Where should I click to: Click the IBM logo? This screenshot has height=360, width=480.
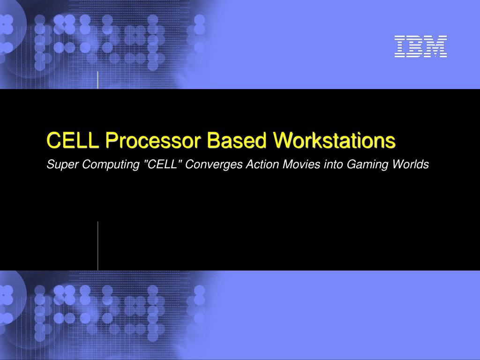tap(420, 46)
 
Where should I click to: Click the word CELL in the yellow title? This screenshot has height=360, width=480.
tap(73, 140)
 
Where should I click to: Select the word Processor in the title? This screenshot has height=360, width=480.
tap(153, 141)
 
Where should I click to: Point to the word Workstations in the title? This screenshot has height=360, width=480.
tap(334, 140)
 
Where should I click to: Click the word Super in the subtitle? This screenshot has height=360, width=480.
tap(62, 165)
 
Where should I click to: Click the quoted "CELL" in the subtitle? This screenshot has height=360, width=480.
tap(163, 164)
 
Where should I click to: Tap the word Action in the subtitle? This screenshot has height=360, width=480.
tap(262, 164)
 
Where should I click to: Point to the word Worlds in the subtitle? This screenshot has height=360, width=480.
tap(411, 164)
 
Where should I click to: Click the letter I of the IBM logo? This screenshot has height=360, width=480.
tap(400, 46)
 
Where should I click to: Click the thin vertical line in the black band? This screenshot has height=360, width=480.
tap(98, 246)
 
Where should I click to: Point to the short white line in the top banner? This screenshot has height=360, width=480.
tap(98, 80)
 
